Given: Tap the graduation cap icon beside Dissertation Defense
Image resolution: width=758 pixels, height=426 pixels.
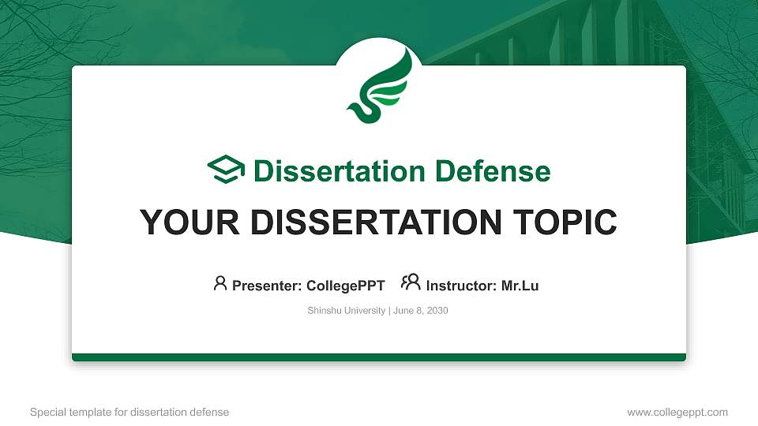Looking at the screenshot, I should (226, 170).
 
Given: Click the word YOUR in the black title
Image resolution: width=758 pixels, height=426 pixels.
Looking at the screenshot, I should (186, 222).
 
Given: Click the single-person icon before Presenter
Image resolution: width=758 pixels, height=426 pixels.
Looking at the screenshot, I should (220, 283).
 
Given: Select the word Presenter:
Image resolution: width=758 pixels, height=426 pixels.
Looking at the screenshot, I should (266, 286).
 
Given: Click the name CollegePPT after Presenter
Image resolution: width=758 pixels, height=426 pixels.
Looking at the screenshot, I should (344, 286).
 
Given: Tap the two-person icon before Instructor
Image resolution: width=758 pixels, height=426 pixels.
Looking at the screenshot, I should (411, 283).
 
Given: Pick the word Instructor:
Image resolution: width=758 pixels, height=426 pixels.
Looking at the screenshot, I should (462, 286).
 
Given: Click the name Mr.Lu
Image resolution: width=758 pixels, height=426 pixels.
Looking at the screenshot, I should (520, 286).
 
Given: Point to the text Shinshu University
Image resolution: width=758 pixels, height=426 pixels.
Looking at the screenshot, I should (346, 311).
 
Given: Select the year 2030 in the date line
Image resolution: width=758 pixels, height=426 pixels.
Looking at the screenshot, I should (437, 311).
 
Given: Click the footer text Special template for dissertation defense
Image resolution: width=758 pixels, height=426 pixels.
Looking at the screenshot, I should (129, 412).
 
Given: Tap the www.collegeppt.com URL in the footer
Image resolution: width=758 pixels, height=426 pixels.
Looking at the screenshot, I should (677, 412).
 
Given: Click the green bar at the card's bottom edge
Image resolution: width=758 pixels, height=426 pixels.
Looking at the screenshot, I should (379, 357).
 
